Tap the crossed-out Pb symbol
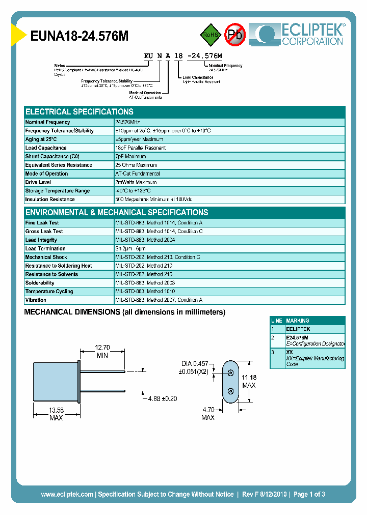pos(235,35)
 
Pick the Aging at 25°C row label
pos(41,139)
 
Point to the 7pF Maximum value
pos(130,157)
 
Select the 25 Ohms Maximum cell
pos(136,165)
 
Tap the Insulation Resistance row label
pos(50,199)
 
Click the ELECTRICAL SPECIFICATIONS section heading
pos(80,112)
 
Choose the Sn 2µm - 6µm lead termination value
pos(134,249)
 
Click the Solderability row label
pos(40,283)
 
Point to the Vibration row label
pos(36,300)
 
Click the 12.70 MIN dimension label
pos(102,352)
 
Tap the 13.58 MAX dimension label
pos(56,414)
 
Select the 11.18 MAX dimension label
pos(249,381)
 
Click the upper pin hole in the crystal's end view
pos(230,373)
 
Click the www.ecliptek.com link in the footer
pos(67,494)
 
